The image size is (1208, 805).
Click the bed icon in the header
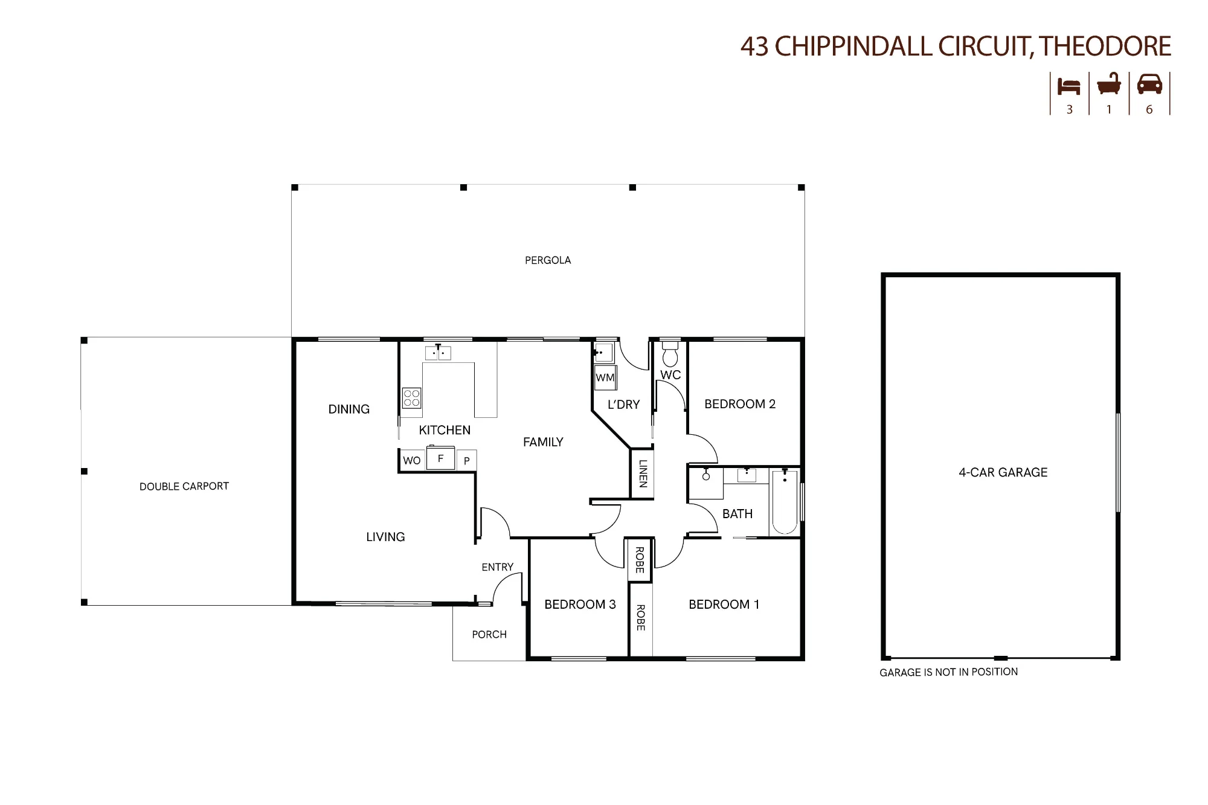(x=1069, y=86)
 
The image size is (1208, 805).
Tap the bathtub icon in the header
(x=1109, y=84)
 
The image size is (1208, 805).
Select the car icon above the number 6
(x=1149, y=84)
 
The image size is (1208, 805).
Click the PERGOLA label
(x=548, y=260)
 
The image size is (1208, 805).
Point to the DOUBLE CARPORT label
(x=184, y=486)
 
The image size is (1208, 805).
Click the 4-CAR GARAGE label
(x=1003, y=472)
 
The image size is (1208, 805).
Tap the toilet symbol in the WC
(x=670, y=354)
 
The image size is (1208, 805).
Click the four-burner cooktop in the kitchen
(x=412, y=398)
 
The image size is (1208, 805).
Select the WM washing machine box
(x=605, y=377)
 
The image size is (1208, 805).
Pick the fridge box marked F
(x=440, y=458)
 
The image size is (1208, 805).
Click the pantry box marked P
(x=467, y=460)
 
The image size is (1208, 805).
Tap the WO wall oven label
(x=412, y=460)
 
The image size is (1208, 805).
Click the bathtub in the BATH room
(x=785, y=502)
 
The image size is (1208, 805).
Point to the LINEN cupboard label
(x=643, y=473)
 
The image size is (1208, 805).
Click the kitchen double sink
(x=439, y=353)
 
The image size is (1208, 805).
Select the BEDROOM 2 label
(x=740, y=404)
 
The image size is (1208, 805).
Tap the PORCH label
(x=489, y=635)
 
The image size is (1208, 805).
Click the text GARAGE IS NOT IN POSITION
(x=948, y=672)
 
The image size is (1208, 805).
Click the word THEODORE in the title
(x=1106, y=47)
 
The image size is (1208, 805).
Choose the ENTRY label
(x=497, y=567)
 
